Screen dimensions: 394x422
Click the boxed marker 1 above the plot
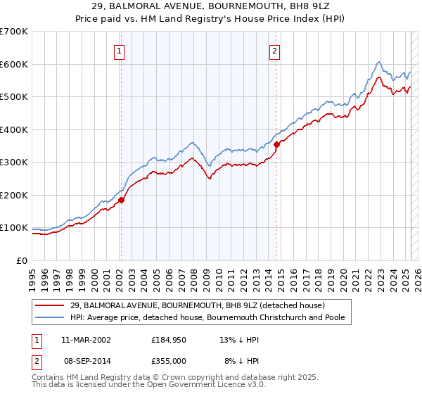[x=120, y=51]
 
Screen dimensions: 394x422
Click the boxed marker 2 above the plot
[x=274, y=51]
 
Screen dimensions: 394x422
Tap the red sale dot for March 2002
[x=121, y=200]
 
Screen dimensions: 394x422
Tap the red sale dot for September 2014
[x=277, y=144]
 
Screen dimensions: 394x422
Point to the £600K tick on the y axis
[x=14, y=64]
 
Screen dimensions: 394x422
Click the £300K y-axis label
[x=14, y=163]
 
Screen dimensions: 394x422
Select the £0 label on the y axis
[x=23, y=260]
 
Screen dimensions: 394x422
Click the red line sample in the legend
[x=50, y=305]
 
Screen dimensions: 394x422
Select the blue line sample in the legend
[x=50, y=317]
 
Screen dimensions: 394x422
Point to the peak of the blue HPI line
[x=378, y=62]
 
